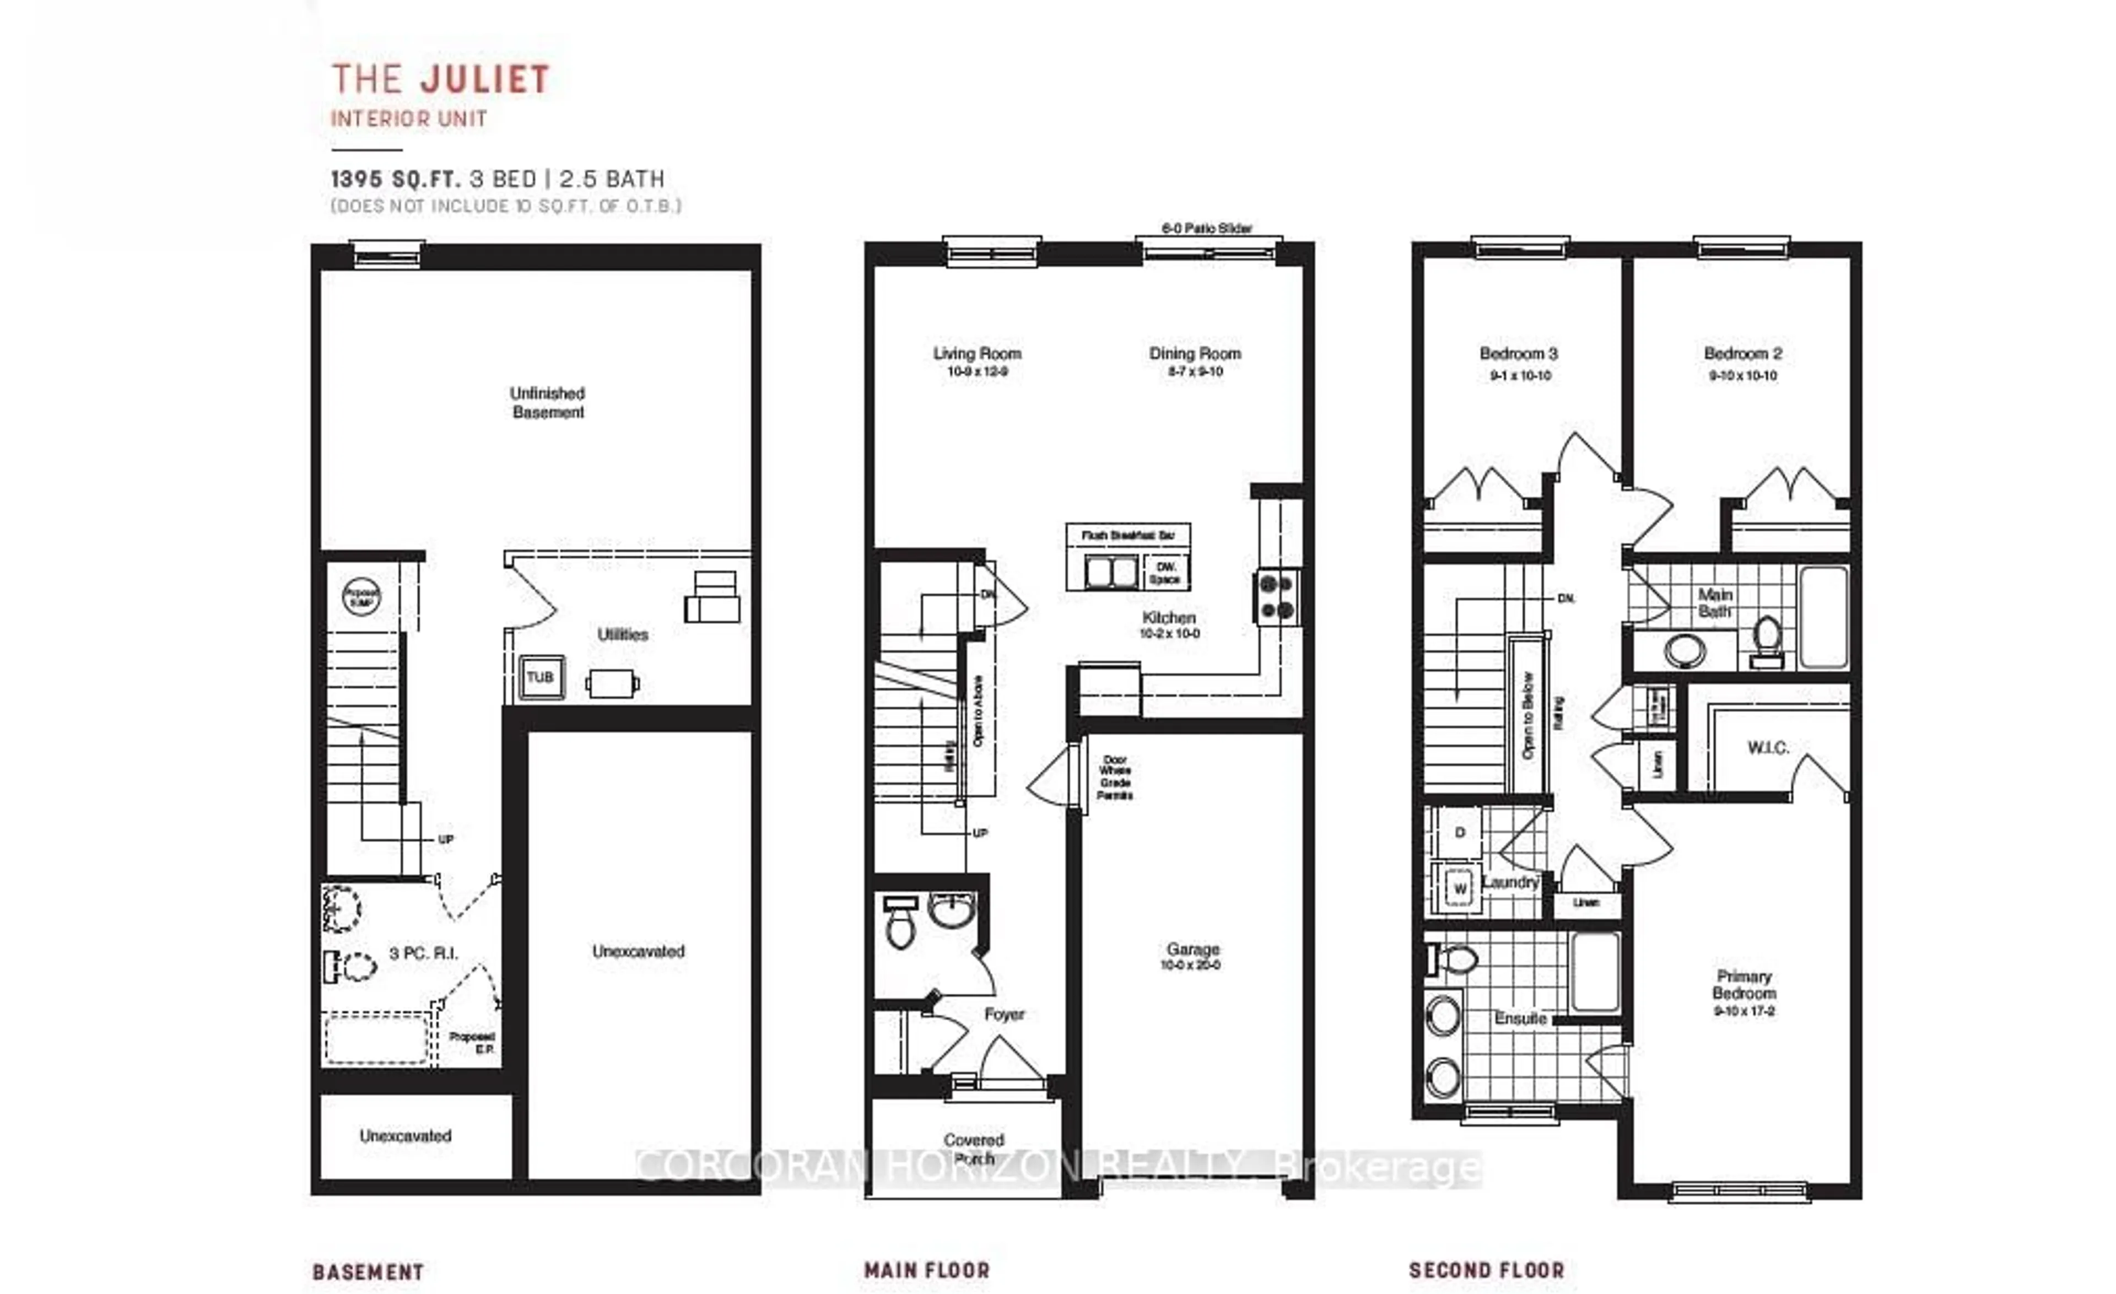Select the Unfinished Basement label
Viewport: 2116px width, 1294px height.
547,403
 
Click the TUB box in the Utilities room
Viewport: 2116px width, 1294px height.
540,677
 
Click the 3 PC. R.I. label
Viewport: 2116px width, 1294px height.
423,953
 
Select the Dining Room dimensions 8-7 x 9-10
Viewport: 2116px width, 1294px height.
1195,372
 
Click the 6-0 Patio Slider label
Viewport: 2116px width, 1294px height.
1207,228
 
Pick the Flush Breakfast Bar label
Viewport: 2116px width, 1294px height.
1127,536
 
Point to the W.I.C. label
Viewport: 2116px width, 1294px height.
1767,748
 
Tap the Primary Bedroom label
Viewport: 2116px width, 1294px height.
1743,984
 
